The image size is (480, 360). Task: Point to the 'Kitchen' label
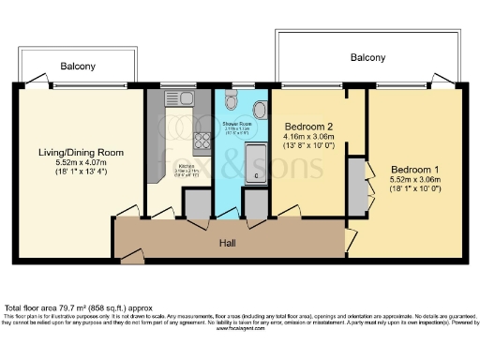186,166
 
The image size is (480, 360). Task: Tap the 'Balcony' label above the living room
79,67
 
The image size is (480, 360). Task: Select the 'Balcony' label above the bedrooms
367,57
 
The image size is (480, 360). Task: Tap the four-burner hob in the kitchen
201,142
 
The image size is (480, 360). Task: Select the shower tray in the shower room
256,166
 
